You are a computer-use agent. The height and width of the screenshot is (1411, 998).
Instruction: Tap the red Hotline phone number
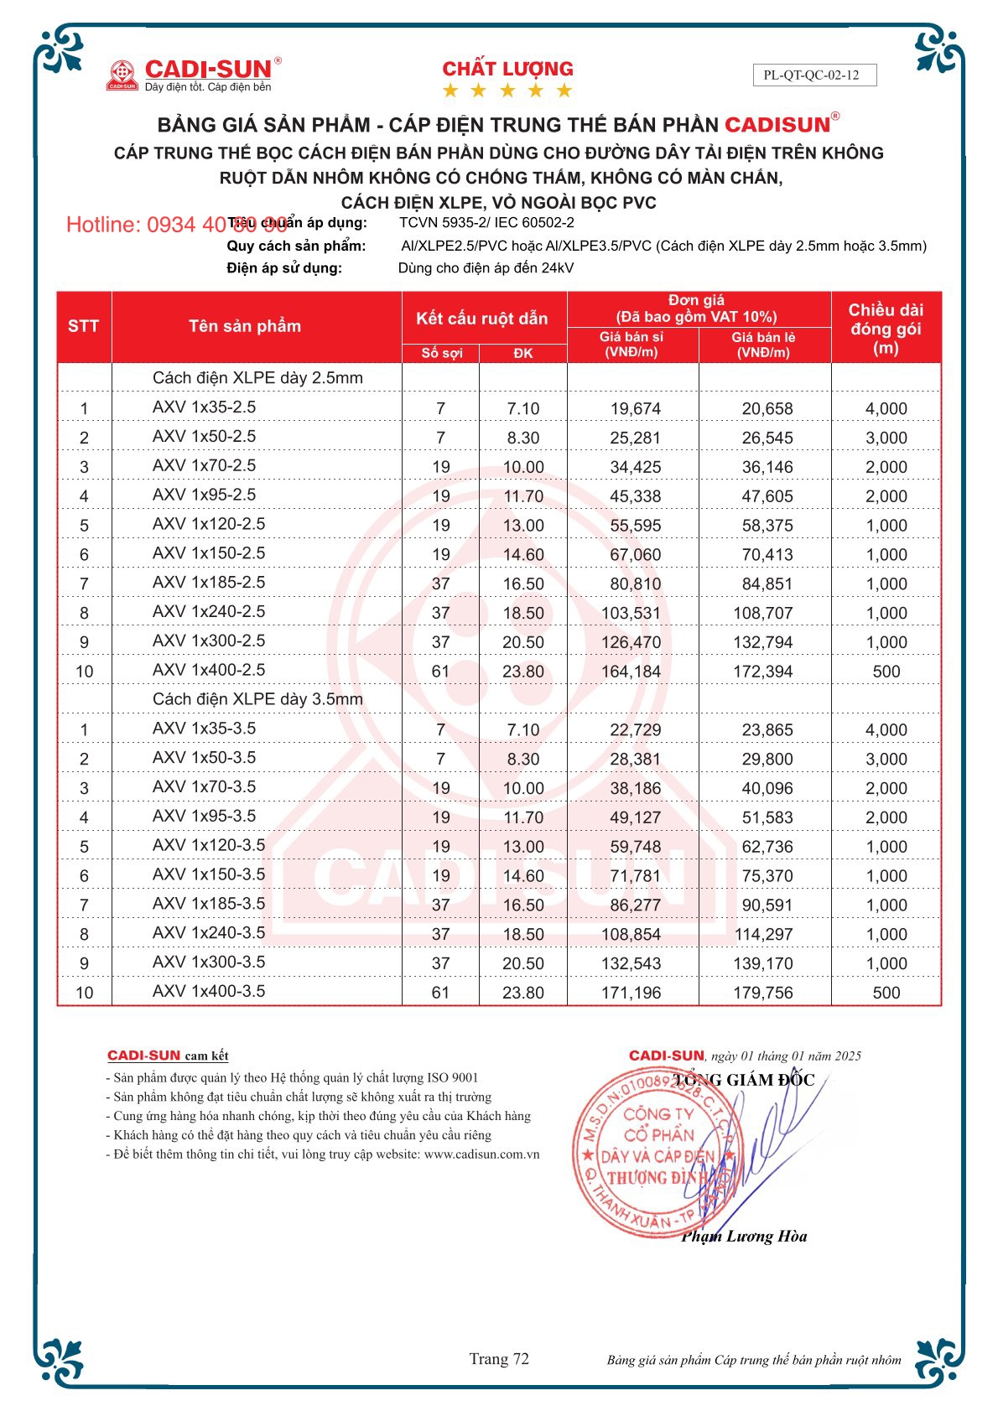[x=176, y=225]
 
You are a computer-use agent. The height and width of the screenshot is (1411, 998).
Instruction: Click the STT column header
[x=83, y=326]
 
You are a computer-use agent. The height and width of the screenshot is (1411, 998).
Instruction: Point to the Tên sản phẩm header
[x=244, y=326]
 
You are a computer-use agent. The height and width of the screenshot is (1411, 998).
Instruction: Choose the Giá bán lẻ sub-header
[x=763, y=345]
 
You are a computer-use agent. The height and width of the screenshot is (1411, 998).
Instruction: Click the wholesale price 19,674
[x=635, y=409]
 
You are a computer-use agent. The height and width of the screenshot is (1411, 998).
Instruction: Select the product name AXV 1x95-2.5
[x=204, y=495]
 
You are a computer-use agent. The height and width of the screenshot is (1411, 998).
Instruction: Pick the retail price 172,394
[x=762, y=672]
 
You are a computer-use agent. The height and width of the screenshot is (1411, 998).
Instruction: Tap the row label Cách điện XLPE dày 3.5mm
[x=257, y=699]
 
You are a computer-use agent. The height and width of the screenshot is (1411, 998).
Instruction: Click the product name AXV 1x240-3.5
[x=208, y=932]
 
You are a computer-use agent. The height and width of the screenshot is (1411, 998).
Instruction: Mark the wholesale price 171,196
[x=631, y=993]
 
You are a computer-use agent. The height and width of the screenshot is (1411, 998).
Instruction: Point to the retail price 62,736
[x=767, y=847]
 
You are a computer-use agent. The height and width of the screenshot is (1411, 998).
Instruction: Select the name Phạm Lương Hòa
[x=744, y=1236]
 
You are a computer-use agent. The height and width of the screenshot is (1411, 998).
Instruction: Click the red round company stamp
[x=656, y=1153]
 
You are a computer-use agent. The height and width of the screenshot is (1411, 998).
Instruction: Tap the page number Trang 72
[x=499, y=1359]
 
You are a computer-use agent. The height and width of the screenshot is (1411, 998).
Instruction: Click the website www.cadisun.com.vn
[x=481, y=1154]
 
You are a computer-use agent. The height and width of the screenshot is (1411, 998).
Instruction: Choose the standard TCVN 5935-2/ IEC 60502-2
[x=486, y=223]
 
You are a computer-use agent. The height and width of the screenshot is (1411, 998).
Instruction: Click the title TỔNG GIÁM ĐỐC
[x=744, y=1080]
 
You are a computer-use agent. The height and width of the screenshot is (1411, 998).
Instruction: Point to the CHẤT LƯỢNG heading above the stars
[x=507, y=69]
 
